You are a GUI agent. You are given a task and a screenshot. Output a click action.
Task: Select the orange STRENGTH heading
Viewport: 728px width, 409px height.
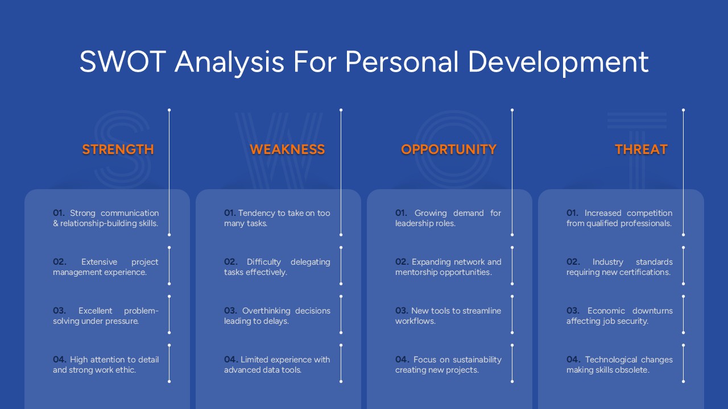[118, 149]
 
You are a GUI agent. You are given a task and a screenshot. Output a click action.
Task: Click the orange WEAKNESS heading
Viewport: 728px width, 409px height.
[287, 149]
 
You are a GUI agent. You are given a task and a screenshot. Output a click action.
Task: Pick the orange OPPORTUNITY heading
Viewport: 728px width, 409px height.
[449, 149]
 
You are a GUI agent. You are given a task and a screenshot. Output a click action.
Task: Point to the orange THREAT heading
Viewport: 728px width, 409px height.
[641, 149]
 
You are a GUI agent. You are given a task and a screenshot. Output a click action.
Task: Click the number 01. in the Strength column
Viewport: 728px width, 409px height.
[59, 213]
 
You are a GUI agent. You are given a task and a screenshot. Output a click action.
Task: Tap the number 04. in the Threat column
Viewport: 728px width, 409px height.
[573, 360]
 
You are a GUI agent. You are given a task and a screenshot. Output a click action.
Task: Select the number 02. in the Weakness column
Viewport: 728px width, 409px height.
[230, 262]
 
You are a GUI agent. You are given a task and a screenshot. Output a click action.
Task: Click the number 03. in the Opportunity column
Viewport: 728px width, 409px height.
[402, 311]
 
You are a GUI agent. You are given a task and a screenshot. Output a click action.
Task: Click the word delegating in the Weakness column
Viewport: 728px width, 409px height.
[310, 262]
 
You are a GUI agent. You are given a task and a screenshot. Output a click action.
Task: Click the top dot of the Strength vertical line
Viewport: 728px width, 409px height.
[169, 110]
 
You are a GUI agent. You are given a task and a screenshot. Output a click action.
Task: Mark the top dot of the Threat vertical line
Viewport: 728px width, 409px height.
[683, 110]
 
